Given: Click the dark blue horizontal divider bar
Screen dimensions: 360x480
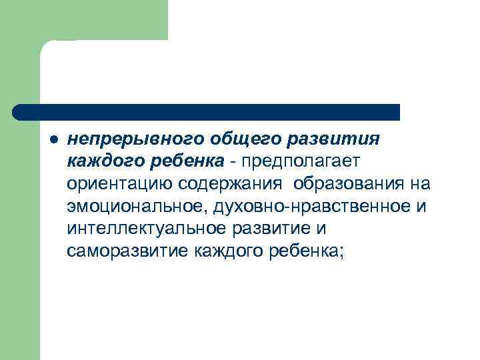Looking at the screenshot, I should [x=207, y=111].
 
